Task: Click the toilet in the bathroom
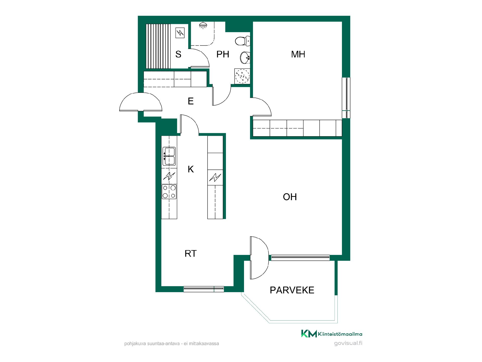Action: [x=243, y=41]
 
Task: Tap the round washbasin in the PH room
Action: [x=245, y=58]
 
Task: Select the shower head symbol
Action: [x=203, y=25]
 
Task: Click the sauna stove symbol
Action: [x=180, y=33]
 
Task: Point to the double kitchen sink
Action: [x=169, y=156]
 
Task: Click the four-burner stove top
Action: [x=169, y=192]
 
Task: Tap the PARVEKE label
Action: [x=292, y=290]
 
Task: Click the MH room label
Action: [x=298, y=54]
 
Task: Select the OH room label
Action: [x=290, y=197]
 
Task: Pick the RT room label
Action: [x=191, y=254]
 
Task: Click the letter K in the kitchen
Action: [x=191, y=169]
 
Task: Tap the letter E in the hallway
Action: [x=191, y=101]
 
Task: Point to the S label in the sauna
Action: [x=178, y=54]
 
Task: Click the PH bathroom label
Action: [x=223, y=54]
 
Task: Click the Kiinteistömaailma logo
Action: [x=332, y=334]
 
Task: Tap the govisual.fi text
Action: [x=348, y=343]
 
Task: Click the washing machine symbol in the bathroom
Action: [x=242, y=76]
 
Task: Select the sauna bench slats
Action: [x=158, y=46]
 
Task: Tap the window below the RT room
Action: [x=204, y=289]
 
